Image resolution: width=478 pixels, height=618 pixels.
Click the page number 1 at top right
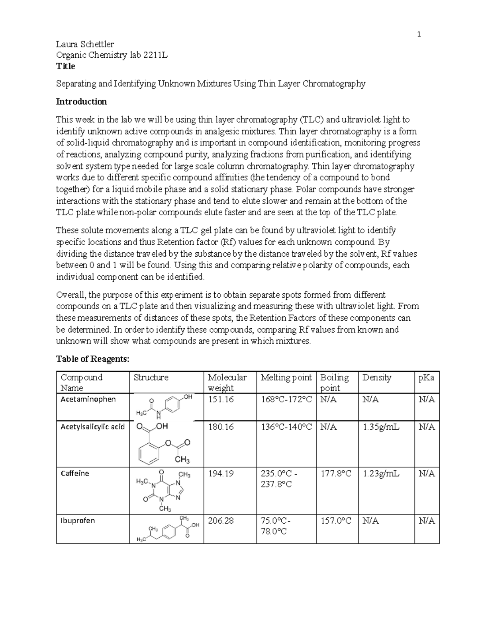419,35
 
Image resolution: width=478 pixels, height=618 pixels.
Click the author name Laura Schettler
85,44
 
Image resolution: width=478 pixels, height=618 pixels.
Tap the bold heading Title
65,66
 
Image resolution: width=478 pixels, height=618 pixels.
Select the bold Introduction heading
81,101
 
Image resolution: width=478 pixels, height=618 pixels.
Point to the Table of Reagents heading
93,359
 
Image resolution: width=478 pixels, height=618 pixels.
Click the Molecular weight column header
227,382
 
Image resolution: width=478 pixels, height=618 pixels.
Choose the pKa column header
426,378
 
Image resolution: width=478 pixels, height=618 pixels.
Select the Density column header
376,378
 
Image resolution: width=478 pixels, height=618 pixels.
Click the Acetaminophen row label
88,399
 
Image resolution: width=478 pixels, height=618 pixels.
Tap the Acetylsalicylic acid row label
92,427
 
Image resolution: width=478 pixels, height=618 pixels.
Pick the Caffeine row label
74,473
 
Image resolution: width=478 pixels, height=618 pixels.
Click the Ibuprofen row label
77,521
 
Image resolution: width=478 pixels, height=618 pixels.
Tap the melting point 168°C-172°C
286,400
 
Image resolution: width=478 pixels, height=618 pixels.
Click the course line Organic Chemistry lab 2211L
112,55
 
